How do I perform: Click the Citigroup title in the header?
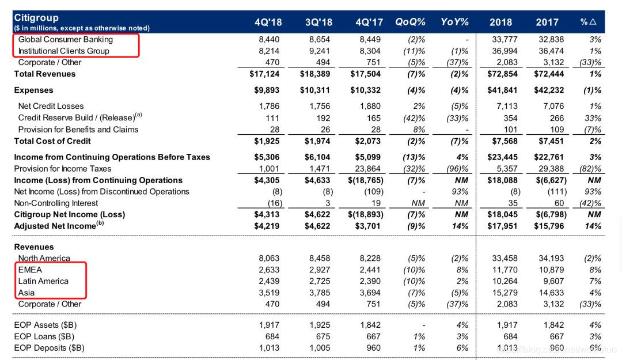tap(36, 18)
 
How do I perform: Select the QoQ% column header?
tap(410, 22)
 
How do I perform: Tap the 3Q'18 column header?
tap(319, 22)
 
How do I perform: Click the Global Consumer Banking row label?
tap(66, 40)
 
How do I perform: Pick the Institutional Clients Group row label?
tap(64, 51)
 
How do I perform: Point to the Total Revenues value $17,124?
tap(266, 74)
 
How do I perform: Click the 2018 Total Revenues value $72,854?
tap(500, 74)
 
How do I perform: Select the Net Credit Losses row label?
tap(51, 106)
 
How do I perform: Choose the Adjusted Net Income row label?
tap(55, 226)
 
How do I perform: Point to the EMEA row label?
tap(31, 270)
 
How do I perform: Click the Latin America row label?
tap(43, 281)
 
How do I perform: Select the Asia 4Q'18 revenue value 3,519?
tap(269, 293)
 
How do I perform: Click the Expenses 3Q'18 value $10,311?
tap(316, 90)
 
